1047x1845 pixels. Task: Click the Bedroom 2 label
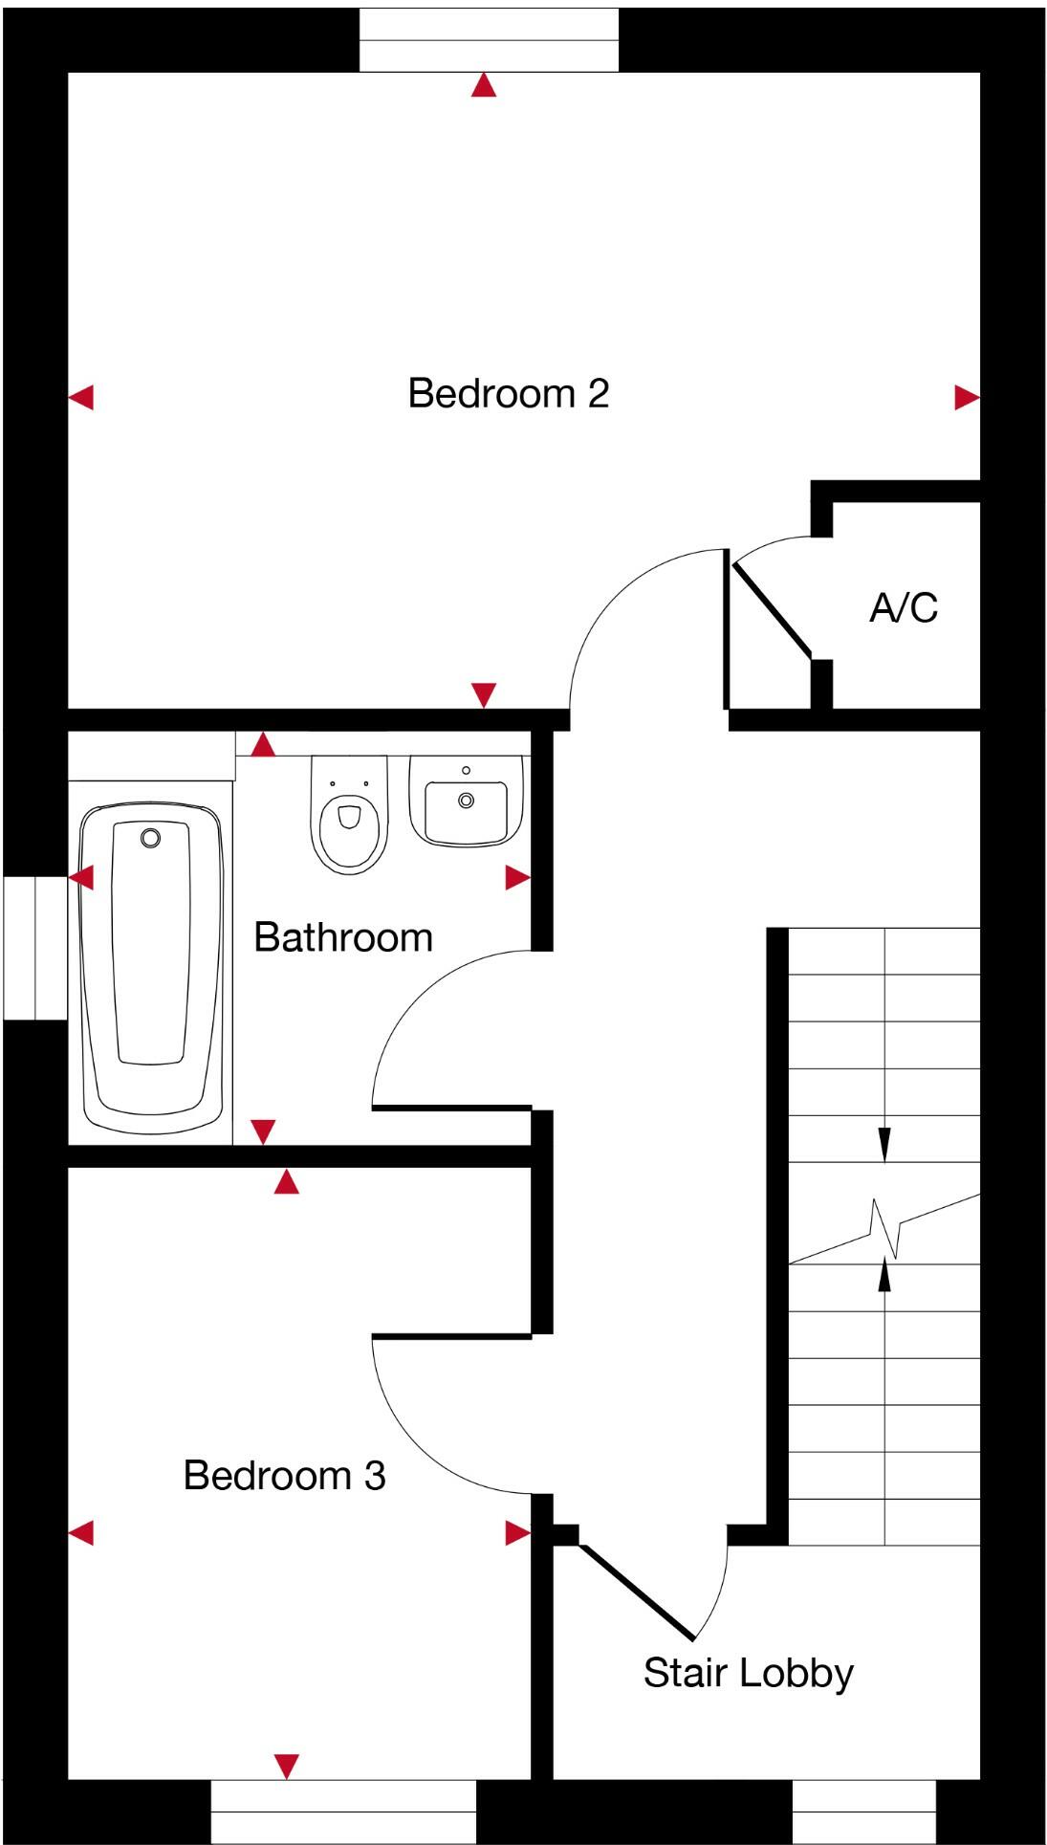click(508, 393)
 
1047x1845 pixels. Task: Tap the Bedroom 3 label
click(284, 1476)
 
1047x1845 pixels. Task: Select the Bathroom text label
click(343, 937)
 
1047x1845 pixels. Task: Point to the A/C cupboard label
click(903, 608)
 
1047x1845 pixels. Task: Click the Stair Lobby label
click(748, 1673)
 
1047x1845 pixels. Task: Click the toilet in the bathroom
click(349, 816)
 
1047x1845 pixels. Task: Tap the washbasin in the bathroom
click(466, 802)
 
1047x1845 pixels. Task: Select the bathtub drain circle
click(150, 839)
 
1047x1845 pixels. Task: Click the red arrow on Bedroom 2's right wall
click(967, 398)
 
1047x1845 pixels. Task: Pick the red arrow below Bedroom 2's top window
click(485, 87)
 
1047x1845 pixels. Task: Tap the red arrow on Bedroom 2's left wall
click(81, 397)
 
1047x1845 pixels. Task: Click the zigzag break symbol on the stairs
click(886, 1228)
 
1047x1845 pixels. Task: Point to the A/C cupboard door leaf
click(771, 609)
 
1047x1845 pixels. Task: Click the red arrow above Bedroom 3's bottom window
click(287, 1766)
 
